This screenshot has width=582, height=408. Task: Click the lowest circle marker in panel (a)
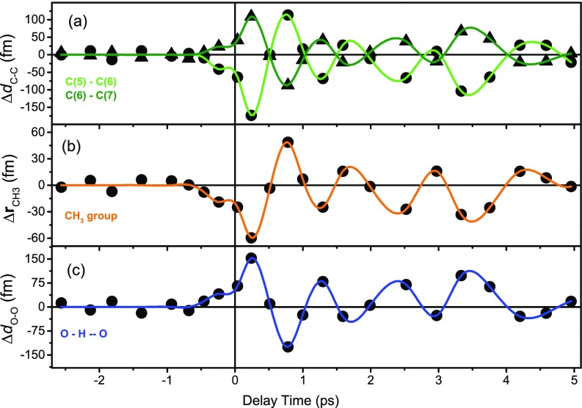point(251,115)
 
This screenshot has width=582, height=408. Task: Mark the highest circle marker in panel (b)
point(288,142)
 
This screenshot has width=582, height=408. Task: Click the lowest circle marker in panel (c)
point(288,346)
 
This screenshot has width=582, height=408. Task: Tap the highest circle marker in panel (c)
point(251,258)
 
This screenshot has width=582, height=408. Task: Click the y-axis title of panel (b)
point(12,185)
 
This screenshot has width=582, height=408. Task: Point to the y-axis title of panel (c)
point(12,307)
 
